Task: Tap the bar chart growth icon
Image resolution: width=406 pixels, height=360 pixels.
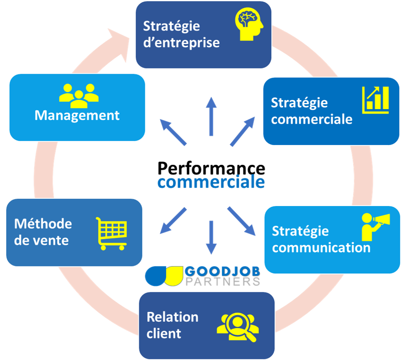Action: coord(375,100)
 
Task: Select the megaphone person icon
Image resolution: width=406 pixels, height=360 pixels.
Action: coord(375,226)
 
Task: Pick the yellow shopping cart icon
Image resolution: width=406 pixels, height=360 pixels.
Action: coord(111,233)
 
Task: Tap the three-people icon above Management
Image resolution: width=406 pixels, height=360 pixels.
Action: coord(79,93)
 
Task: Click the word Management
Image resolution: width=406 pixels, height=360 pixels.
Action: coord(77,115)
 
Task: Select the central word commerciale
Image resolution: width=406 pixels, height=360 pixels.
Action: coord(211,182)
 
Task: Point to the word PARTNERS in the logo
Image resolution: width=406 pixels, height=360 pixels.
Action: coord(222,281)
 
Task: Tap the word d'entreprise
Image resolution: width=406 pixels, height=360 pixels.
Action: coord(181,42)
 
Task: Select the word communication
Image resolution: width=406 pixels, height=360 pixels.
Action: coord(321,247)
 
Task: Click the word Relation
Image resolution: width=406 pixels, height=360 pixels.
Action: coord(172,317)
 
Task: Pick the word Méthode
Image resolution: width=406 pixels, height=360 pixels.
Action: coord(43,224)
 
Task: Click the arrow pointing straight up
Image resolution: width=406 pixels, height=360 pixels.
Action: coord(211,116)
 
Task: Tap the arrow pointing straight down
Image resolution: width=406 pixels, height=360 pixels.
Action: coord(211,237)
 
